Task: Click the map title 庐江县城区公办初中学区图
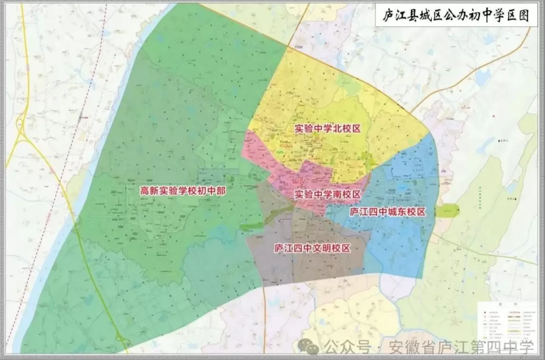click(456, 15)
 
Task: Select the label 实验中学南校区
click(328, 194)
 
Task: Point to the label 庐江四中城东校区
click(387, 212)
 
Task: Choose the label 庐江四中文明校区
click(312, 248)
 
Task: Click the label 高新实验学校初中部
click(182, 191)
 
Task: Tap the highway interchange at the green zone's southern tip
click(122, 341)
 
